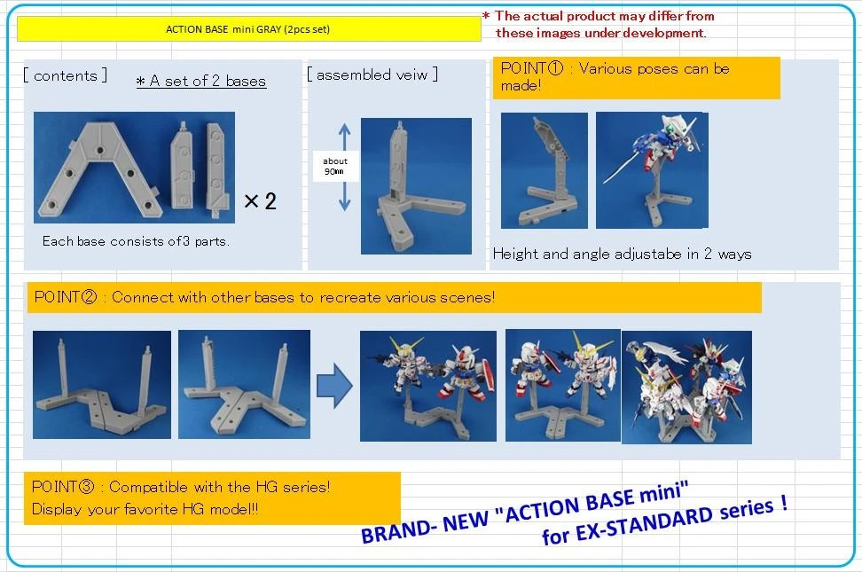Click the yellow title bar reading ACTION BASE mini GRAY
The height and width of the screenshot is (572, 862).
[x=248, y=29]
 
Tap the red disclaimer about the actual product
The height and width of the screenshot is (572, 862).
[x=599, y=24]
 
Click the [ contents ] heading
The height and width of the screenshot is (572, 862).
[x=66, y=75]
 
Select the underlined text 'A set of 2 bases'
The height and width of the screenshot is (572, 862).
[x=201, y=82]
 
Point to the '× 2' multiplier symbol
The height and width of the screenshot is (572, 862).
[x=260, y=201]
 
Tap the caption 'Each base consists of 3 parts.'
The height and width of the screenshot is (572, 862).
[x=136, y=241]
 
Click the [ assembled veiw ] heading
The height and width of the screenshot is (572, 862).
[x=372, y=74]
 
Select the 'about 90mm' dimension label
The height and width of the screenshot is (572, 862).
[x=335, y=166]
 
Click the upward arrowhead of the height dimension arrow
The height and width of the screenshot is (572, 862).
[x=345, y=129]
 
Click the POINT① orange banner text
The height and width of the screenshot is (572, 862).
[x=615, y=77]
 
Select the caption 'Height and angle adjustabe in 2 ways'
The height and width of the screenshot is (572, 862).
[x=623, y=254]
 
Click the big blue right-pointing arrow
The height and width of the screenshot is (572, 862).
[x=334, y=386]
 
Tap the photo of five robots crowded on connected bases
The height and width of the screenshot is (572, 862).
[x=686, y=387]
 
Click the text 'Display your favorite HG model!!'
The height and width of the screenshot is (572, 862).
[x=145, y=509]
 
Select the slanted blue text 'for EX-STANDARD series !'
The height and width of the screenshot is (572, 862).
[x=664, y=520]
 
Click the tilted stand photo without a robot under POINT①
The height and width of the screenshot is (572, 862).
[x=545, y=170]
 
